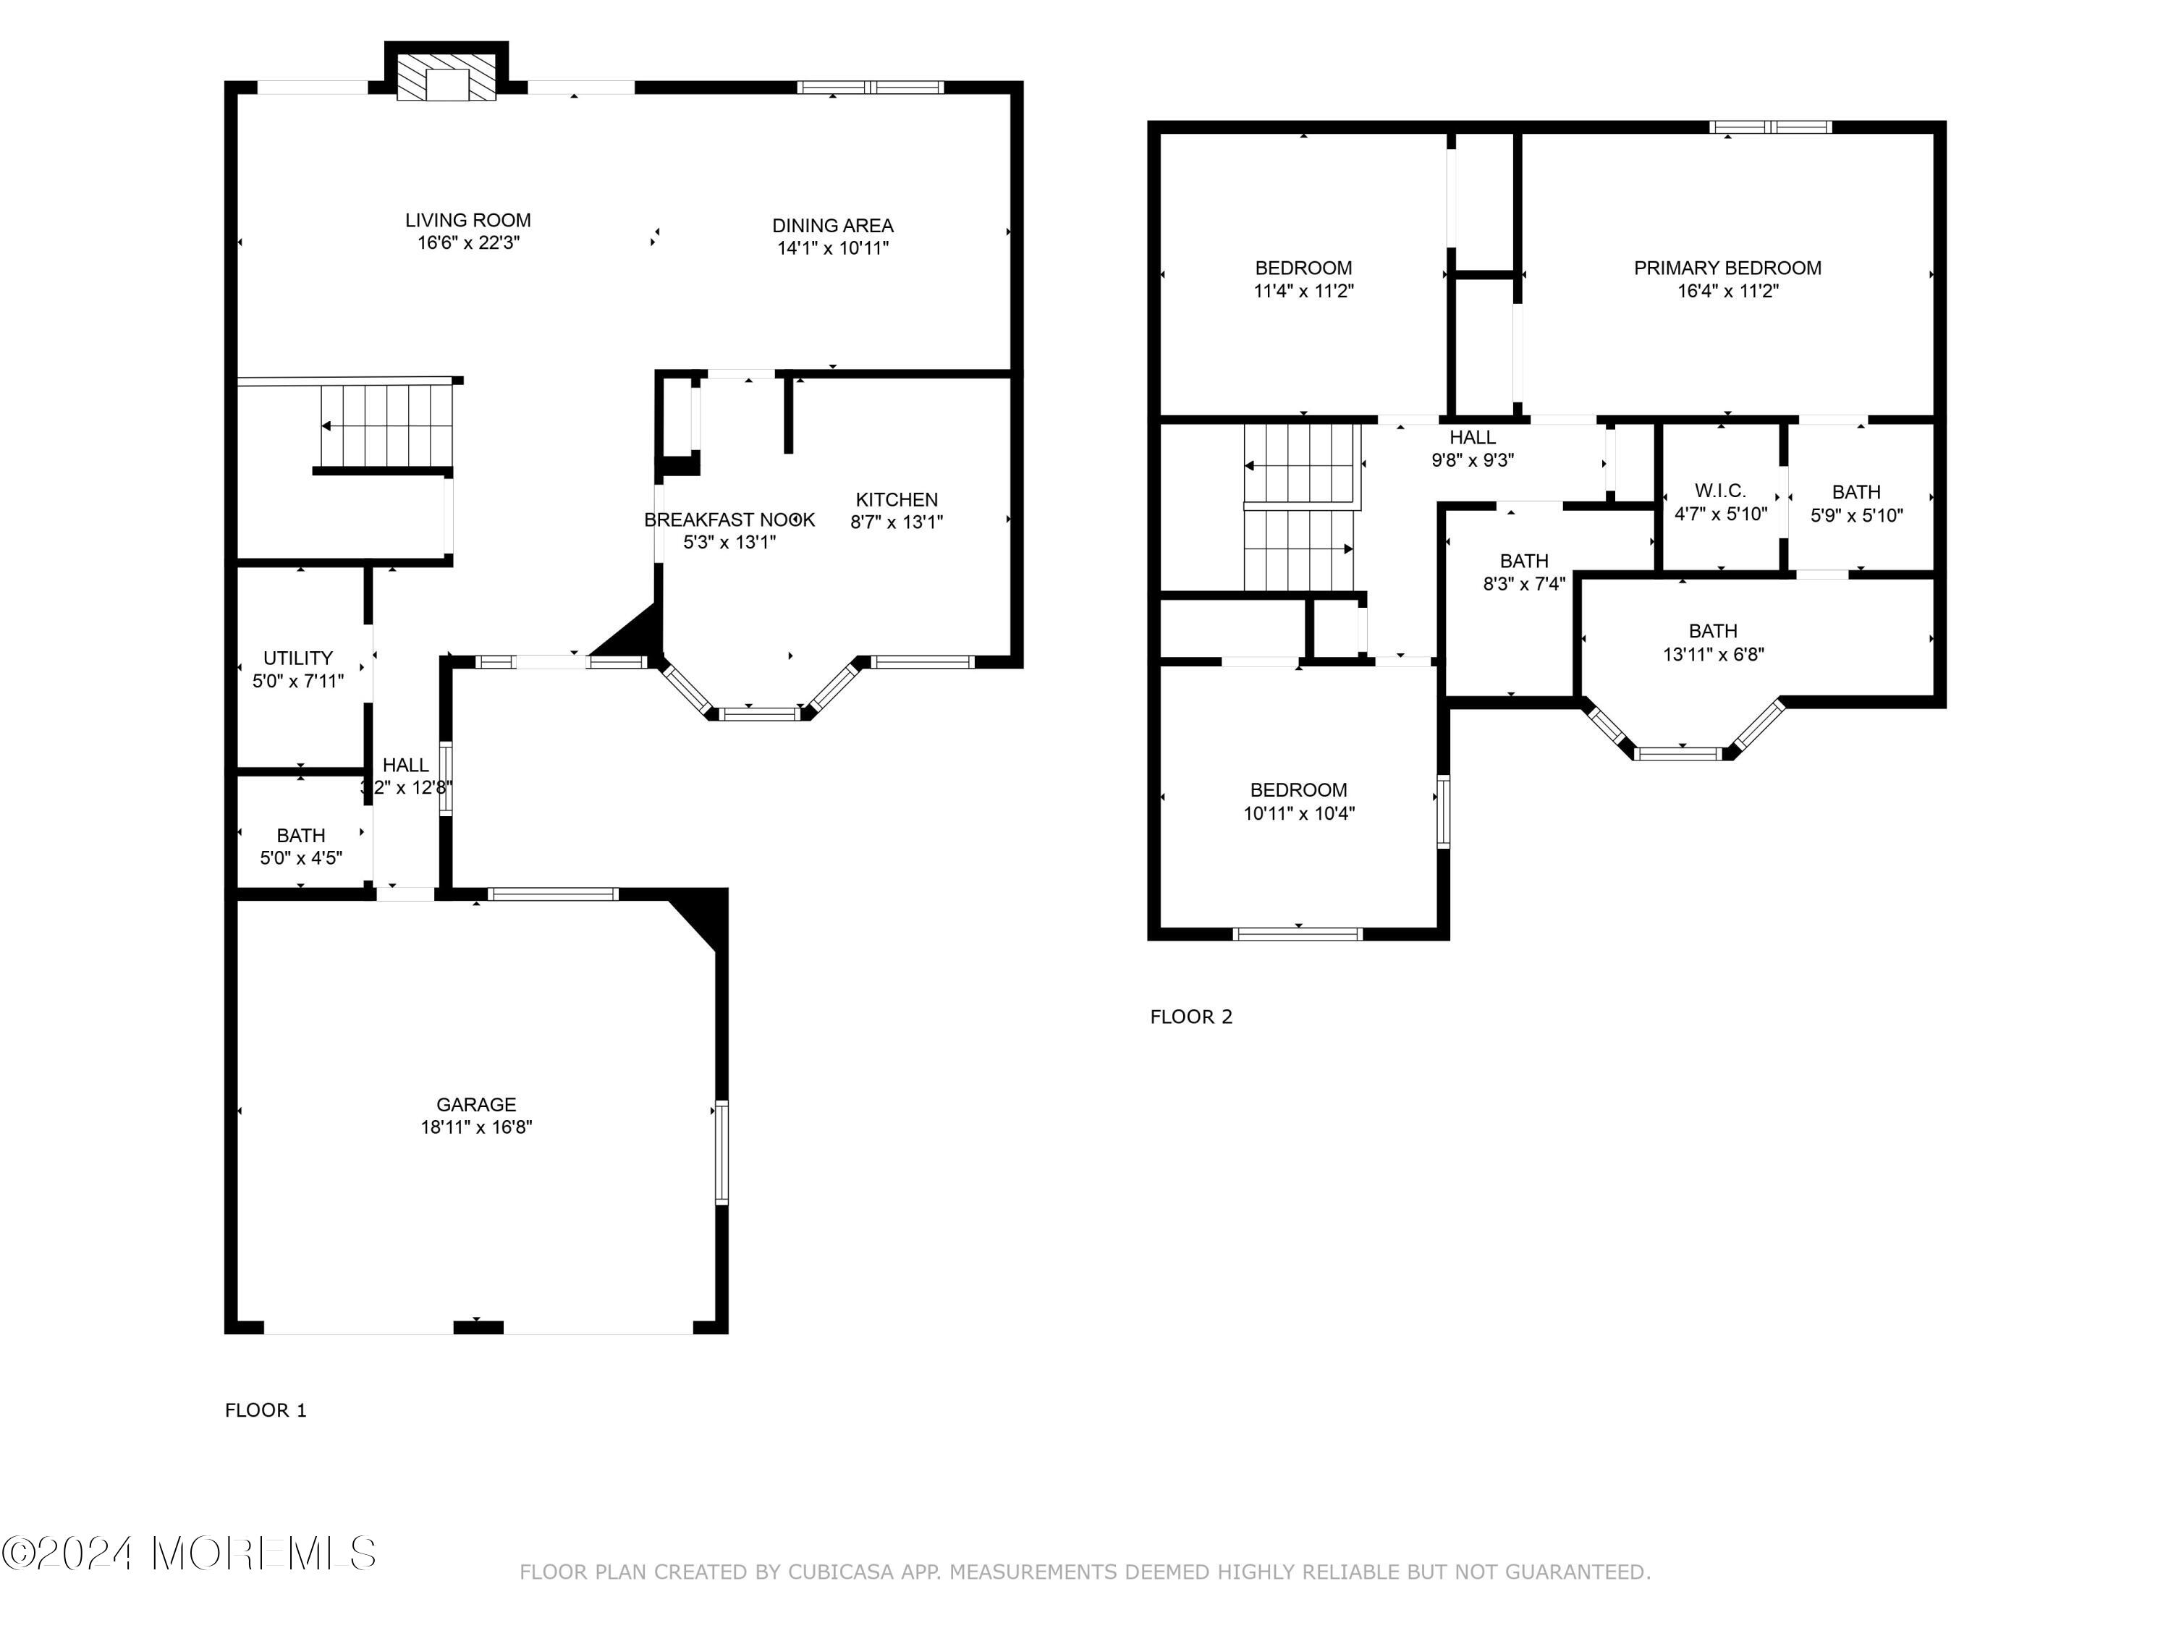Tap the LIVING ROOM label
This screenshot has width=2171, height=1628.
click(x=468, y=220)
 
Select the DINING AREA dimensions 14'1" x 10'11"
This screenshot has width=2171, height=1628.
click(x=832, y=248)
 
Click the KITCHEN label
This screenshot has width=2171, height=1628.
click(x=896, y=499)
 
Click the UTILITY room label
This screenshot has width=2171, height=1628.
click(x=297, y=658)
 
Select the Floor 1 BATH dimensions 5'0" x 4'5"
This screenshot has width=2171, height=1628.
click(x=300, y=857)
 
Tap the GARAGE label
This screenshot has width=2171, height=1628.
click(x=476, y=1104)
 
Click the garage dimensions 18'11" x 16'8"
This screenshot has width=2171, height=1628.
click(x=476, y=1127)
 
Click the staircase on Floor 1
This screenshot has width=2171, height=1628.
click(x=388, y=426)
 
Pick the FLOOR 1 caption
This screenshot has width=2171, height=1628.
click(x=265, y=1410)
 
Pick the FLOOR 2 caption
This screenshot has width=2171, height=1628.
click(x=1190, y=1017)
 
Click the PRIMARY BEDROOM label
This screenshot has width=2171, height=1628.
click(x=1727, y=268)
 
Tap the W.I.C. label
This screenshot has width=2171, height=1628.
click(x=1719, y=491)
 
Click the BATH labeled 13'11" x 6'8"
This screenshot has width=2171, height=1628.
click(x=1713, y=631)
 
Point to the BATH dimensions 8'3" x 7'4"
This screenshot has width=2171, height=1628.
click(x=1523, y=584)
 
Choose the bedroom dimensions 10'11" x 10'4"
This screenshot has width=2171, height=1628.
click(x=1298, y=813)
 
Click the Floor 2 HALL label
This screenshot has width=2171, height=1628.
click(x=1472, y=438)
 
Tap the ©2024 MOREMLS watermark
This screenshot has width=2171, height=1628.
click(x=188, y=1553)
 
